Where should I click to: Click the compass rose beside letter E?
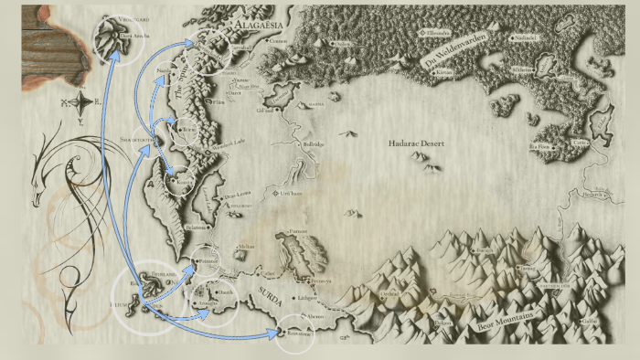80,101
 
